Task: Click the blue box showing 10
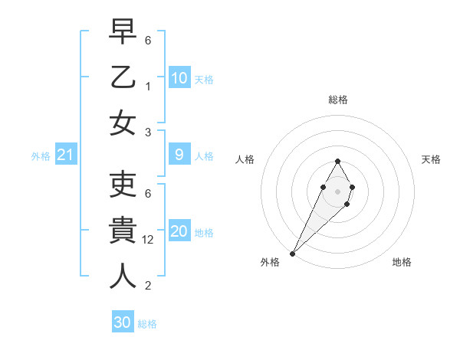point(179,77)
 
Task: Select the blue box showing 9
point(179,155)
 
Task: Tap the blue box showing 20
point(179,231)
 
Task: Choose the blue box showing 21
point(66,155)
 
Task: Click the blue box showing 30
point(123,322)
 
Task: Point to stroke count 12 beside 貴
point(149,239)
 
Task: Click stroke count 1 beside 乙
point(148,86)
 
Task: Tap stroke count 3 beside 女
point(148,132)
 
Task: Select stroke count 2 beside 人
point(148,286)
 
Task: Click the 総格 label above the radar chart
point(337,100)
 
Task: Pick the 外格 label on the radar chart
point(270,263)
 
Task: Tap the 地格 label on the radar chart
point(402,263)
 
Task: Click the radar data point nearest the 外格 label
point(292,253)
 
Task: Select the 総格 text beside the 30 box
point(147,324)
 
